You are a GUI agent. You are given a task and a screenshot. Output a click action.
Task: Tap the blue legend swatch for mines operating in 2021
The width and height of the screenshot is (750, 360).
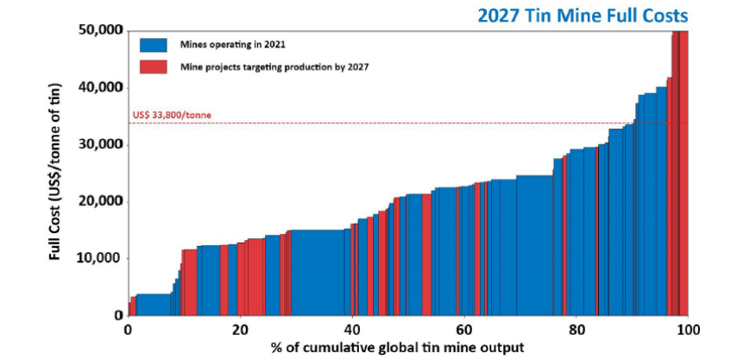click(152, 44)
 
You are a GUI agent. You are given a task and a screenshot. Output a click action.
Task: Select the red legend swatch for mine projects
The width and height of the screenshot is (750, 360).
click(152, 66)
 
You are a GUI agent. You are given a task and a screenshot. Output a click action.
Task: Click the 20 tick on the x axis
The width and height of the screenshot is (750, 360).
click(240, 329)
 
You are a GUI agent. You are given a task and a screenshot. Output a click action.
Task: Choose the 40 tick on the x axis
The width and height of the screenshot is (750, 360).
click(352, 329)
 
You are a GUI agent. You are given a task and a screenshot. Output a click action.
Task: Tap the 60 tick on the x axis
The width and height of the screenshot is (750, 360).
click(464, 329)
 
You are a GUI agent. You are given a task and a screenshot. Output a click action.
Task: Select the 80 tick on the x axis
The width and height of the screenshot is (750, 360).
click(577, 329)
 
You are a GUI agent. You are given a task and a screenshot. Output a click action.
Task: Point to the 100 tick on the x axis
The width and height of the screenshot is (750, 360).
click(688, 329)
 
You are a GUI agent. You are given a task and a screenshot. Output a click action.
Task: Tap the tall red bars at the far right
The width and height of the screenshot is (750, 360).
click(680, 173)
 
